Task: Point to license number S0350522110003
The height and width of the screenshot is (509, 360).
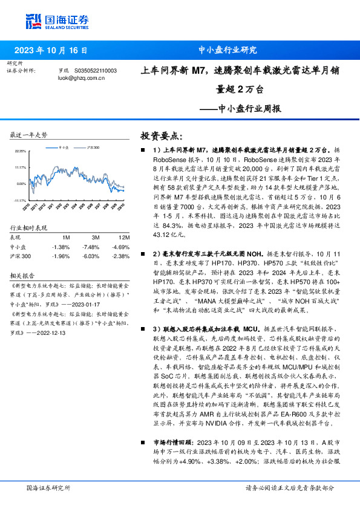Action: pos(96,71)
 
